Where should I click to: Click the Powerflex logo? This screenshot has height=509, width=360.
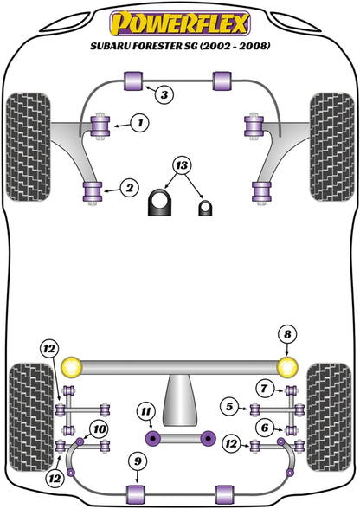coord(179,20)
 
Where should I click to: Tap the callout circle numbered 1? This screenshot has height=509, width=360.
coord(138,124)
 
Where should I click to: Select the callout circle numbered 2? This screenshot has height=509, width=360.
coord(128,185)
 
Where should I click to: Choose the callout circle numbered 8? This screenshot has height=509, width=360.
coord(287,332)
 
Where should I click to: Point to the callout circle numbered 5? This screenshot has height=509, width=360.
coord(228,406)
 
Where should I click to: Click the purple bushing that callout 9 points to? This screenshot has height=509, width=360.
coord(135,493)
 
